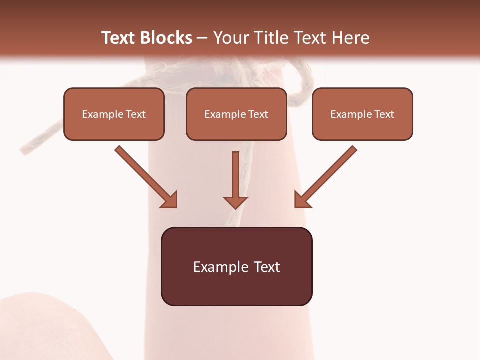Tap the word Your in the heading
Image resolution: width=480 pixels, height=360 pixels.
[230, 38]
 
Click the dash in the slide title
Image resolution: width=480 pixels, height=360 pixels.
[202, 38]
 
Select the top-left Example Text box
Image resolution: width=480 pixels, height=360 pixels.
[114, 114]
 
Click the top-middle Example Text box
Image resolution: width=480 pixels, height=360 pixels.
[236, 114]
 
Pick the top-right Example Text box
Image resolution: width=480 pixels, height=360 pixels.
[362, 114]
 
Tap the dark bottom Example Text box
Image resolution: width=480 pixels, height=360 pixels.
[236, 266]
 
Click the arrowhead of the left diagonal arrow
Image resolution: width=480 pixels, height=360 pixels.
[170, 199]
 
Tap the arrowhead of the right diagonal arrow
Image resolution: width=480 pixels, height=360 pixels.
[302, 199]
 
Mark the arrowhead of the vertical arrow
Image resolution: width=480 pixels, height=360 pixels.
[235, 202]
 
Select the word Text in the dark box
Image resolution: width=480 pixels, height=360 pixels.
[266, 267]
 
